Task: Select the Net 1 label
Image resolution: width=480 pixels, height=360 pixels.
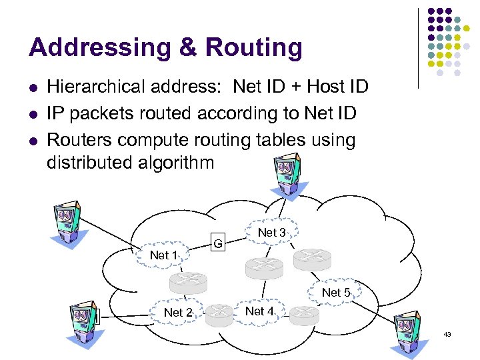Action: (x=164, y=255)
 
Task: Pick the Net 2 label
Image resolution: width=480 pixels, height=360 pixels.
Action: (x=178, y=313)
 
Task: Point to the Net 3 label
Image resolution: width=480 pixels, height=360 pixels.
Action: (x=271, y=233)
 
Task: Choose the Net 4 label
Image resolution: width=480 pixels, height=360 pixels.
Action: (x=259, y=311)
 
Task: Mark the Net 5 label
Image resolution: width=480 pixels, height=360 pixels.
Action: (x=336, y=293)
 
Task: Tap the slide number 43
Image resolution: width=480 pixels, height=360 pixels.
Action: (x=447, y=334)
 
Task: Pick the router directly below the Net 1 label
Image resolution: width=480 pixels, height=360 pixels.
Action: (x=189, y=283)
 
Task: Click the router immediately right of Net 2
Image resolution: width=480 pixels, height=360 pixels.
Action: (x=219, y=314)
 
